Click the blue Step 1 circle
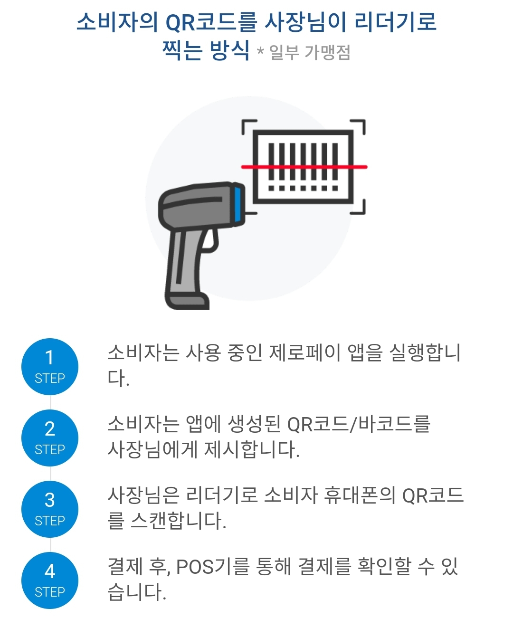point(49,367)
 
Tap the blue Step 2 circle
point(49,438)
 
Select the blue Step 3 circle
point(49,509)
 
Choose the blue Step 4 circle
point(49,580)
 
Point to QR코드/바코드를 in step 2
point(359,424)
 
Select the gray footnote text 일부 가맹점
point(310,52)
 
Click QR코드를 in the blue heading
point(211,22)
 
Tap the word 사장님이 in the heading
point(305,22)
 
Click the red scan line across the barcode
point(304,167)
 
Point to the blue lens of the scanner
point(238,203)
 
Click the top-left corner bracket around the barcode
point(248,126)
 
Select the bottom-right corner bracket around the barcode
point(359,208)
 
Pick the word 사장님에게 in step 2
point(152,450)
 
